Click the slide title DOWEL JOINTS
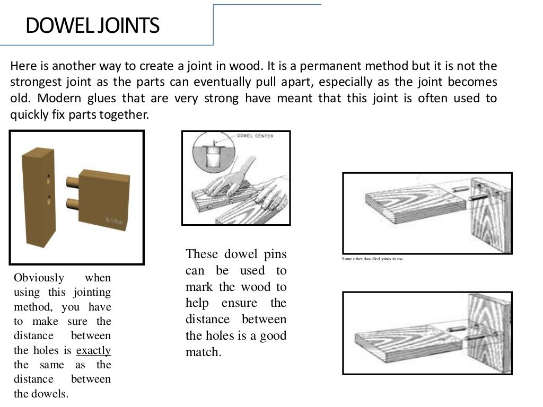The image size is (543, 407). coord(92,25)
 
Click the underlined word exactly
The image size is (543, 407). coord(94,350)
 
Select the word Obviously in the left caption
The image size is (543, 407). coord(39,278)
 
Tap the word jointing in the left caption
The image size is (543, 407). coord(92,292)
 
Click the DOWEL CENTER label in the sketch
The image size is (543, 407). coord(259,136)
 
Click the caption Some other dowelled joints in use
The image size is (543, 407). coord(374,259)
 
